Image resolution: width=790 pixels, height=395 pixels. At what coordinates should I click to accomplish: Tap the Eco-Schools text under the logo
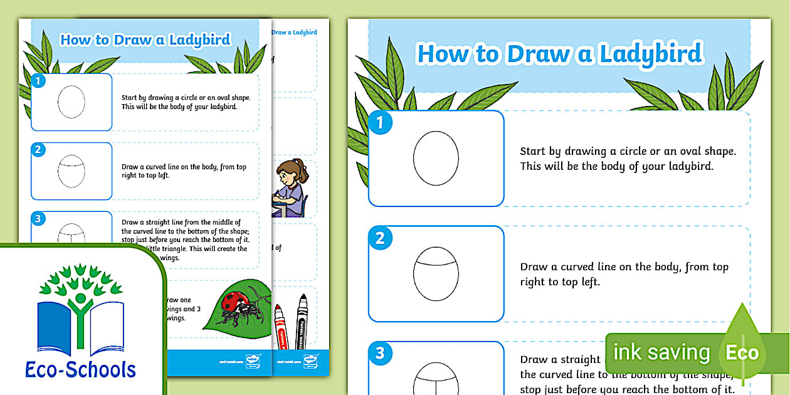coord(80,369)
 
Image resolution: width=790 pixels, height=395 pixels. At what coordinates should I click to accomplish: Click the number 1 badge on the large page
coord(379,122)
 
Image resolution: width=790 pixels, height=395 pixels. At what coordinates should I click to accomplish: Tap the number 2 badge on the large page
coord(379,238)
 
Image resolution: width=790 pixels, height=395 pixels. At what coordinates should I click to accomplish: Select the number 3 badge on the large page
coord(379,353)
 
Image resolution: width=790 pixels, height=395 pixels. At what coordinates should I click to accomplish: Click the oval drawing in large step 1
coord(436,158)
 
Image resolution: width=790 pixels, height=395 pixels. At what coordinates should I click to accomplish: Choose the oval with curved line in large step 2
coord(436,273)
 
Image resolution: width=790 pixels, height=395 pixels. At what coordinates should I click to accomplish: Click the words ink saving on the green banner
coord(661,352)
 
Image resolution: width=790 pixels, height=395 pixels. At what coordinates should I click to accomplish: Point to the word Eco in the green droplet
coord(742,352)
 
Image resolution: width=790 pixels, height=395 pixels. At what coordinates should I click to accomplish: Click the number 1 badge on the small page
coord(38,81)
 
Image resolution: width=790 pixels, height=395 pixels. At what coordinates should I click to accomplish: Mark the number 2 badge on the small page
coord(38,149)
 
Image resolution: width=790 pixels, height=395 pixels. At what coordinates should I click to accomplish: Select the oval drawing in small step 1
coord(71,102)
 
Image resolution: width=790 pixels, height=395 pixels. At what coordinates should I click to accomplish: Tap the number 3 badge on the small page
coord(38,218)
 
